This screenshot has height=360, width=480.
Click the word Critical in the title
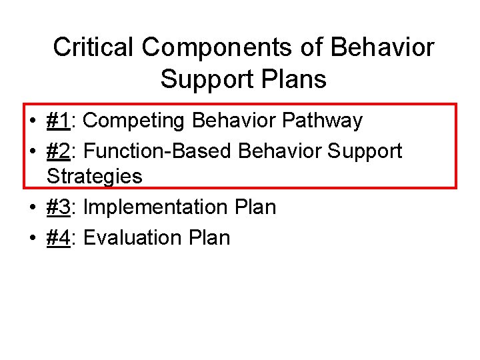click(x=94, y=47)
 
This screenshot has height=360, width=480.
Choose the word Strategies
click(x=95, y=177)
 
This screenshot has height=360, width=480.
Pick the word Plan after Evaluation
click(x=208, y=237)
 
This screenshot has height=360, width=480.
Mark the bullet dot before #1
click(x=32, y=121)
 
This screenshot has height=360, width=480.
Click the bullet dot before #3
click(x=32, y=208)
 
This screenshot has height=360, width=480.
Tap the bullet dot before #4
click(x=32, y=238)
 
